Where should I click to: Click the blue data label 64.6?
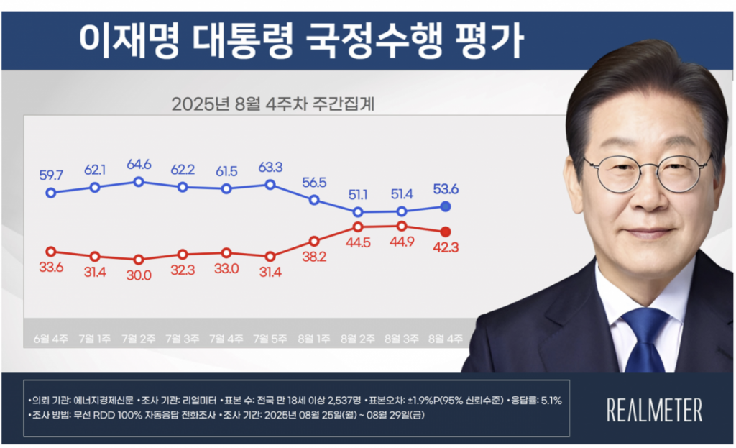tap(138, 164)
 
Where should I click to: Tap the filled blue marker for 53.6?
tap(445, 206)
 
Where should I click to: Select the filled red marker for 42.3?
tap(445, 231)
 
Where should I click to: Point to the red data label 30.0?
tap(138, 275)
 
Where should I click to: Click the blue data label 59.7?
tap(50, 174)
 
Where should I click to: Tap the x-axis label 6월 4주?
tap(50, 337)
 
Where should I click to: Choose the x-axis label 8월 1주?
tap(314, 337)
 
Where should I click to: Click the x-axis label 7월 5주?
tap(270, 337)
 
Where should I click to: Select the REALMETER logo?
tap(655, 411)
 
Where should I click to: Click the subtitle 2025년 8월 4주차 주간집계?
tap(274, 104)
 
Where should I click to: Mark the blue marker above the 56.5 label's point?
tap(314, 199)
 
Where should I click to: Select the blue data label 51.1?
tap(358, 194)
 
